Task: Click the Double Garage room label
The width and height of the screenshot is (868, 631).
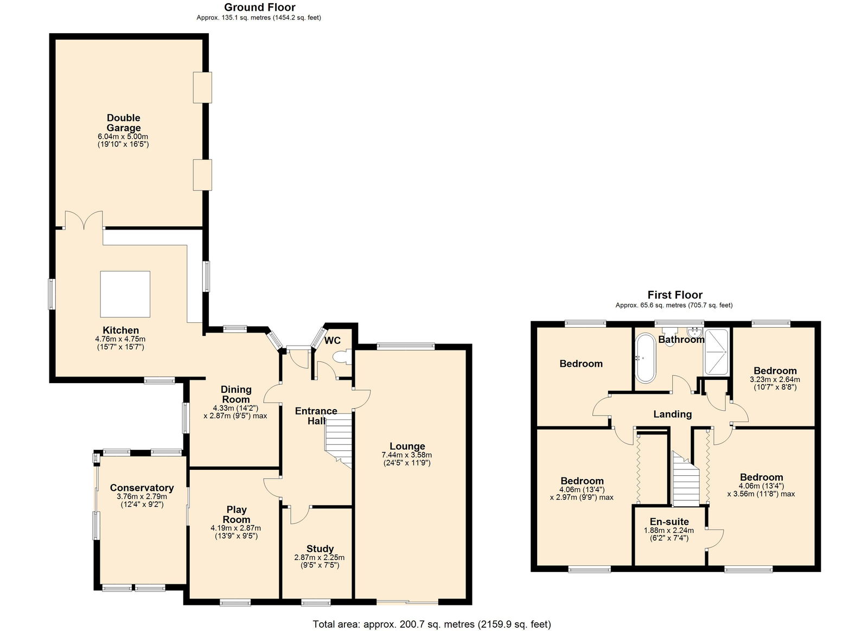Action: pos(124,123)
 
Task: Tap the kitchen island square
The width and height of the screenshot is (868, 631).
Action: pos(125,294)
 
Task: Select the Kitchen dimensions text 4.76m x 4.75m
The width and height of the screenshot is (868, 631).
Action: pos(120,339)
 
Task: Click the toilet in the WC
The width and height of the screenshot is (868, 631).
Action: pos(342,357)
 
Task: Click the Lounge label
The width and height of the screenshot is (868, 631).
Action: pos(407,446)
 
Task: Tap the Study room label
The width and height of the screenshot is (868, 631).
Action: pos(320,549)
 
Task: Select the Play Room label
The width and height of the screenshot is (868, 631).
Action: pos(237,514)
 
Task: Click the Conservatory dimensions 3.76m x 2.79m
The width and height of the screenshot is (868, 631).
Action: pos(142,496)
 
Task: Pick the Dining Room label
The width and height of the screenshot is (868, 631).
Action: pos(236,394)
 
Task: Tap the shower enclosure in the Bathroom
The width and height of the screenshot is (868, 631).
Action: pos(717,352)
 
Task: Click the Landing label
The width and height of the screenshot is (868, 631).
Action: pos(672,414)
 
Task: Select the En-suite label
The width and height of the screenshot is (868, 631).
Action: pos(669,521)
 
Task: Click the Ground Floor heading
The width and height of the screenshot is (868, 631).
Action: pos(260,7)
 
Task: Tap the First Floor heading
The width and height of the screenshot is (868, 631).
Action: pos(675,295)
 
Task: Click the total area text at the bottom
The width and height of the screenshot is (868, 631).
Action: pos(432,624)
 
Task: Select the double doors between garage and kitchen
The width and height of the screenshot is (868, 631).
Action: pos(84,220)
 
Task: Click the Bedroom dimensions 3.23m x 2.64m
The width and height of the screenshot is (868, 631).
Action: pos(775,379)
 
